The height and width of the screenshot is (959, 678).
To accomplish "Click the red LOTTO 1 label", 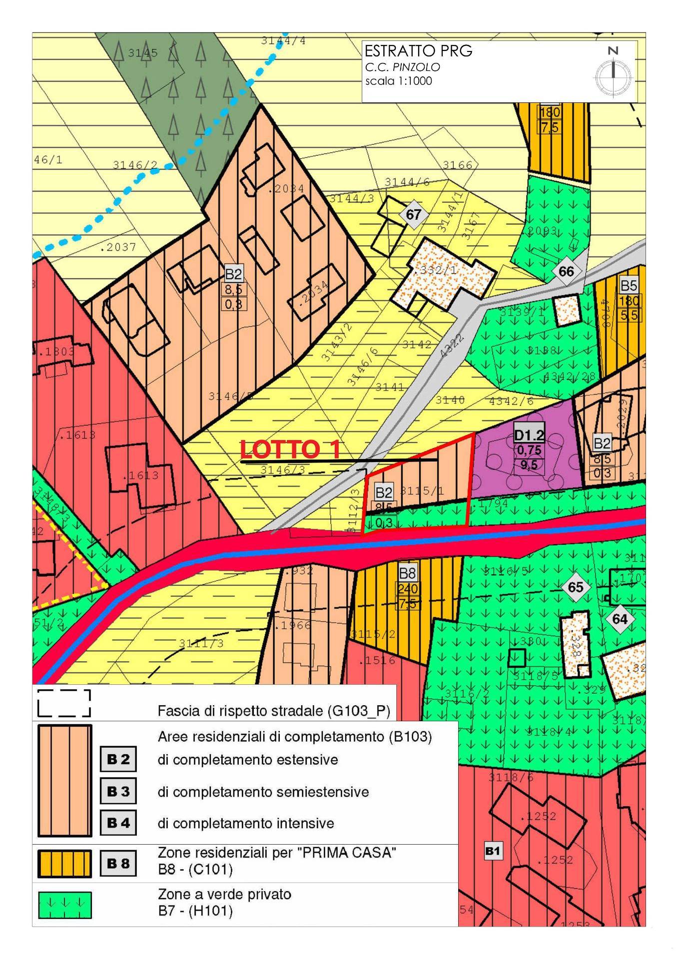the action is tap(290, 449).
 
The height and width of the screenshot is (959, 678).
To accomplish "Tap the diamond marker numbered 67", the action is tap(413, 215).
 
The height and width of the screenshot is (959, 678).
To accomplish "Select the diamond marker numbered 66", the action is tap(566, 272).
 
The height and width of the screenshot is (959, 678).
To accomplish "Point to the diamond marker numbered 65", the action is tap(576, 587).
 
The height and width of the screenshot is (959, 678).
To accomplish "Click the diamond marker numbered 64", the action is tap(620, 619).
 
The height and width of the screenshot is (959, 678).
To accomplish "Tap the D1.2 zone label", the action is tap(529, 436).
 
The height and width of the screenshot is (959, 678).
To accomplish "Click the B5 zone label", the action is tap(629, 286).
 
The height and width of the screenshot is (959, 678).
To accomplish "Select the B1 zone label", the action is tap(493, 851).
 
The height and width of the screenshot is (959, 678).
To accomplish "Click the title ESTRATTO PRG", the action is tap(418, 51).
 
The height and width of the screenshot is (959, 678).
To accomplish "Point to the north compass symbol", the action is tap(613, 72).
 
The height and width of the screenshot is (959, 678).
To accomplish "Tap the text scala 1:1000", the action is tap(398, 81).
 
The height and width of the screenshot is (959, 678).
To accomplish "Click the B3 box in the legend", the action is tap(118, 791).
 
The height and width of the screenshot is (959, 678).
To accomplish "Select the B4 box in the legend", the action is tap(118, 823).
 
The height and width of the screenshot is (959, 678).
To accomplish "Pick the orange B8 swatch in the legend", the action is tap(64, 864).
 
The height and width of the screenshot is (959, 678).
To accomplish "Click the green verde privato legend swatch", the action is tap(64, 905).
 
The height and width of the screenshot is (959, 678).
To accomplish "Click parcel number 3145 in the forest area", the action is tap(142, 53).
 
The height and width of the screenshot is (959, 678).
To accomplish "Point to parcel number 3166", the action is tap(458, 165).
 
